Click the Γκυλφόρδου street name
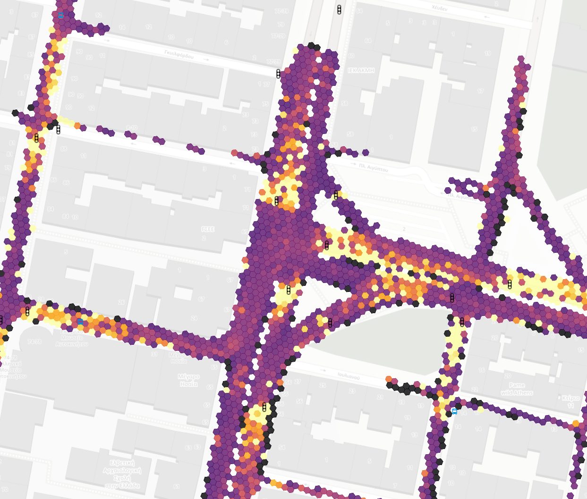click(179, 55)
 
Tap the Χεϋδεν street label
click(439, 8)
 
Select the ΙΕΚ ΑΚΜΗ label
click(361, 70)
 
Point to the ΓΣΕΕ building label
click(208, 229)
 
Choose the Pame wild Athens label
click(517, 389)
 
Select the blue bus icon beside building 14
click(454, 411)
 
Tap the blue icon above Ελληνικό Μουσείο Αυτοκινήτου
click(80, 322)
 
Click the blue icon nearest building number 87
click(60, 16)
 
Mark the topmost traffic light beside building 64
click(339, 9)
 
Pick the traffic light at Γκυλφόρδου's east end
click(278, 73)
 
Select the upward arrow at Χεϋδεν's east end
click(537, 20)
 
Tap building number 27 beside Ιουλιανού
click(298, 381)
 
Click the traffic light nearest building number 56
click(264, 406)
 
